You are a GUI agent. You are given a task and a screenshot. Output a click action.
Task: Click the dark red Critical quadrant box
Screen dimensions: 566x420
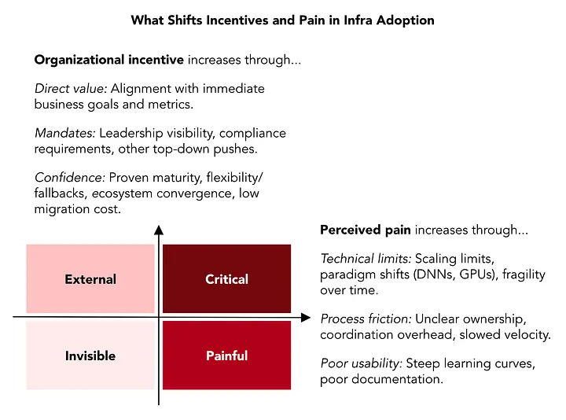pos(226,278)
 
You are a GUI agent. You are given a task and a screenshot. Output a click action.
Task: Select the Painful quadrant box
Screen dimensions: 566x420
pos(226,356)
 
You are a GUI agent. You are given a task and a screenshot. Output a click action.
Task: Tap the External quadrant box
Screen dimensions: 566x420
pos(90,278)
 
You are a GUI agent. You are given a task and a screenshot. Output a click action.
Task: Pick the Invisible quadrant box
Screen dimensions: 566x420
pos(90,356)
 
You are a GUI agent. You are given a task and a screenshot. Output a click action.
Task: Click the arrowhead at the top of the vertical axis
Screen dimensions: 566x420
pos(159,230)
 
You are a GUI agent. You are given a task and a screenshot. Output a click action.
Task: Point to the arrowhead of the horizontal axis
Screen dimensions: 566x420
pos(306,318)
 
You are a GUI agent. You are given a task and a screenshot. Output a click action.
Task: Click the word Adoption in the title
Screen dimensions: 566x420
pos(405,20)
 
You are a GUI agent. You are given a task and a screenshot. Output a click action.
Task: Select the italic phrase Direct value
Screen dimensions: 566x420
pos(71,88)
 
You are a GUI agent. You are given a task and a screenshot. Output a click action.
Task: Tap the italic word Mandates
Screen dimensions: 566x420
pos(65,133)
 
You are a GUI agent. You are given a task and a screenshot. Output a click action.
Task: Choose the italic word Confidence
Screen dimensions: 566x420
pos(70,177)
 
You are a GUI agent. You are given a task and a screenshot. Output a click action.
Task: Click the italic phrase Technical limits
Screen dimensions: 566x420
pos(366,259)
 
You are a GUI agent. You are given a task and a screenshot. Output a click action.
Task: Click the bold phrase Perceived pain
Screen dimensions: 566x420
pos(366,230)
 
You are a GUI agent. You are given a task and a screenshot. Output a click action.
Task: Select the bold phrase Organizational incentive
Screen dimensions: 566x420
pos(109,60)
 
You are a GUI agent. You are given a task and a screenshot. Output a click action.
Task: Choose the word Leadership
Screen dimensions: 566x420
pos(131,133)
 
